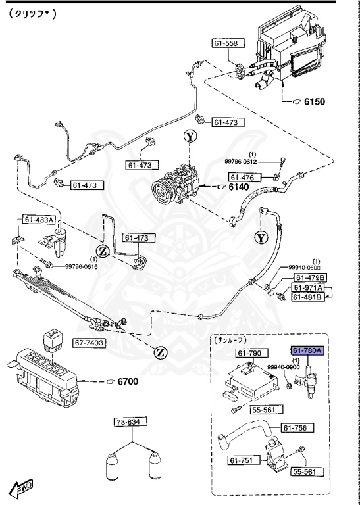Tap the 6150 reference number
[313, 102]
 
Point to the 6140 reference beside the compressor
[239, 187]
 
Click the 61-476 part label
[242, 177]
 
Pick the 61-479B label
[308, 278]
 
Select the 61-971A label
[308, 288]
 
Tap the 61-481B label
[308, 297]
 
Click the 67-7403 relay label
[89, 343]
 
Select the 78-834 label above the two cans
[130, 421]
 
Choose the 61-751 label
[240, 461]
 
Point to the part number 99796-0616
[81, 266]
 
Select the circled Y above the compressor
[190, 137]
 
